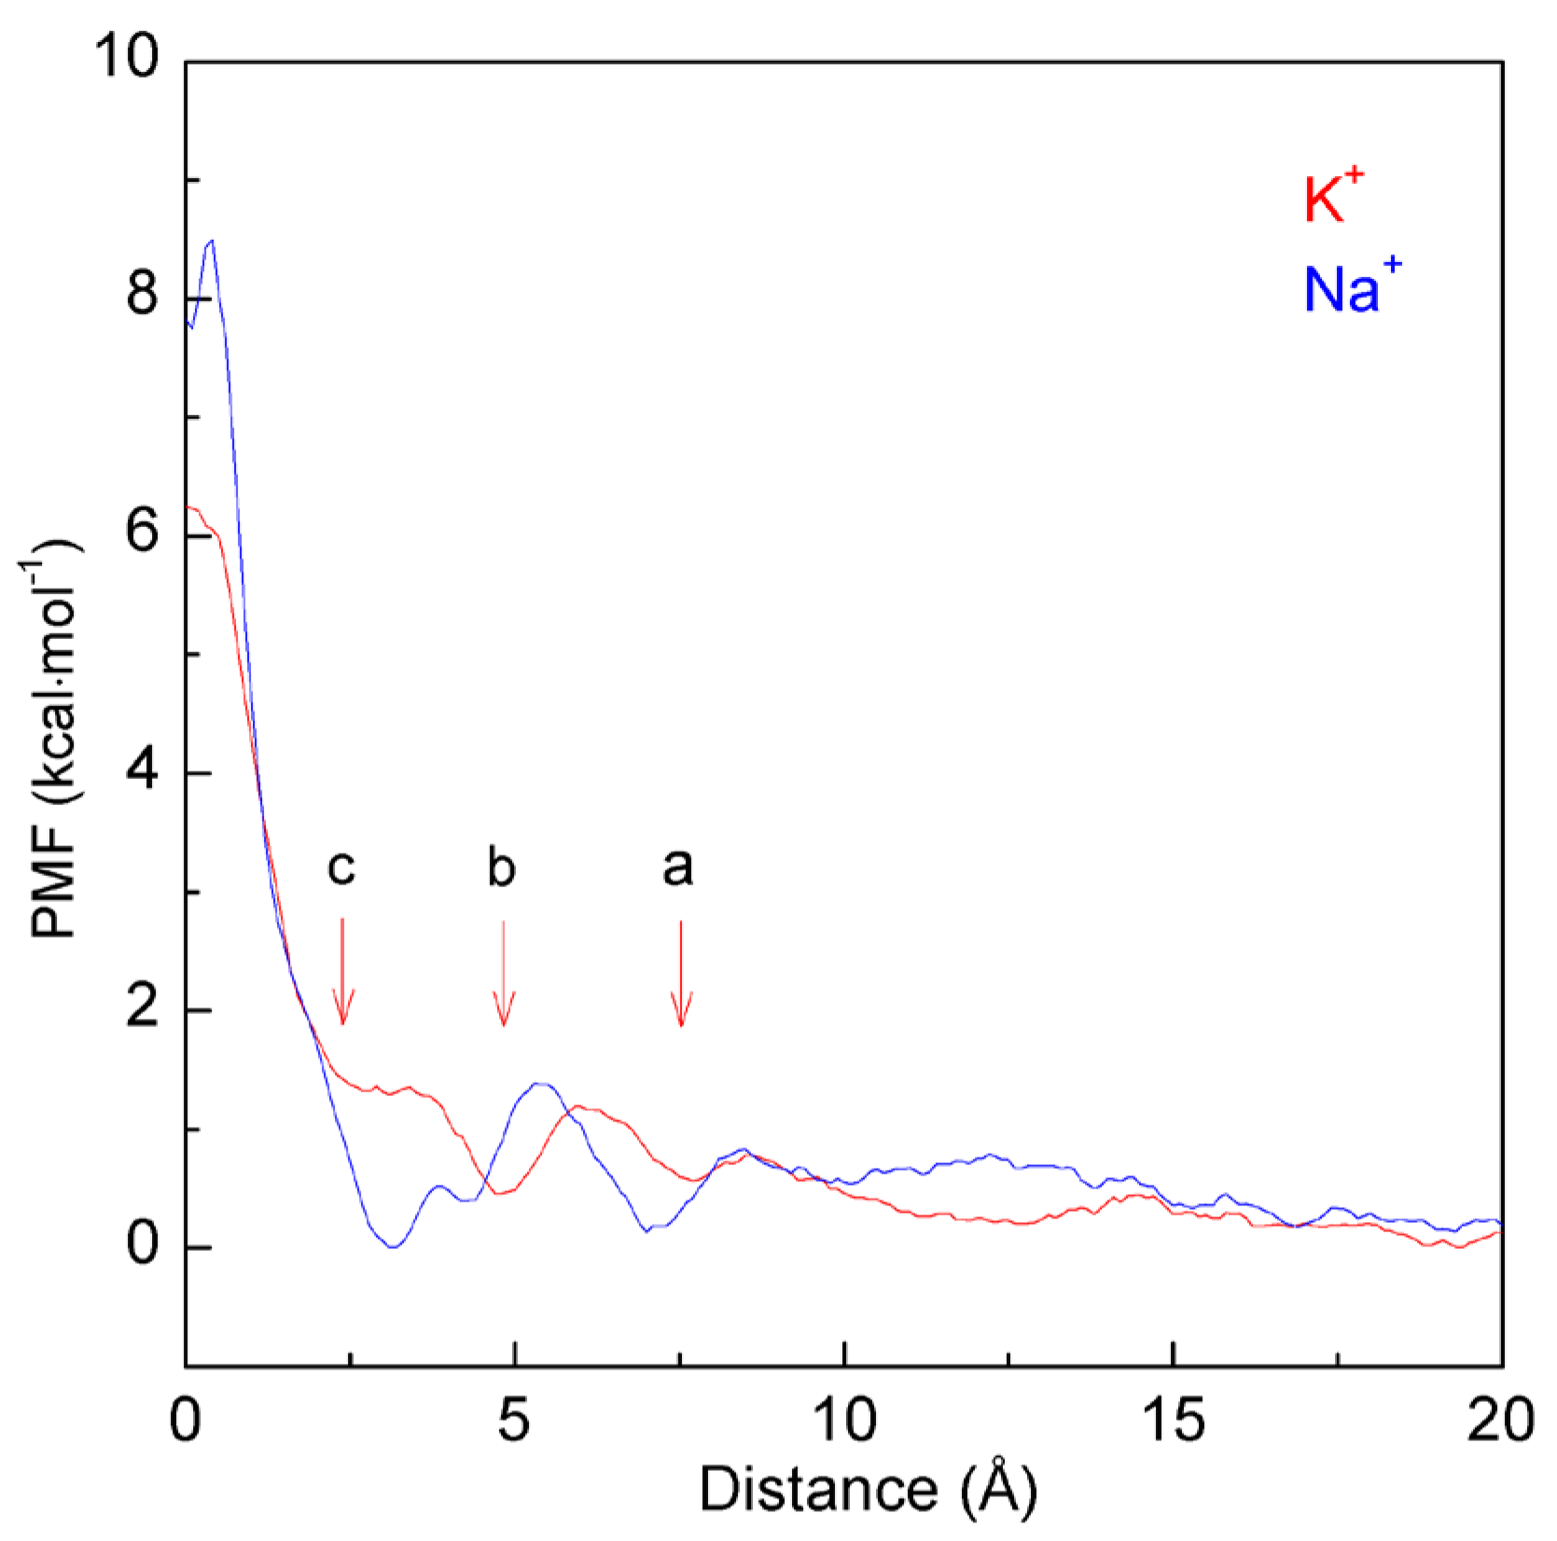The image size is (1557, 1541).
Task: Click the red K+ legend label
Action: click(x=1332, y=197)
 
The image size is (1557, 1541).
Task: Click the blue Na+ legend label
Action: click(x=1351, y=286)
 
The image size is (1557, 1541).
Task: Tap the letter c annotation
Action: click(x=341, y=867)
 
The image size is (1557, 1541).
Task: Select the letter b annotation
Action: click(x=501, y=868)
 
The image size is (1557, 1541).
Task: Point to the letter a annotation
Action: click(x=678, y=867)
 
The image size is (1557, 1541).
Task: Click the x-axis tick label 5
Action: click(x=513, y=1420)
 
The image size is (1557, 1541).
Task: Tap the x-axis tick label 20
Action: click(x=1499, y=1420)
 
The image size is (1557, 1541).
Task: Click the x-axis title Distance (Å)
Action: click(x=868, y=1490)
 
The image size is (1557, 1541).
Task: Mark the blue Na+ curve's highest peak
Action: click(x=212, y=241)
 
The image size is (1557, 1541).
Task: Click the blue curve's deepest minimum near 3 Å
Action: click(x=394, y=1246)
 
